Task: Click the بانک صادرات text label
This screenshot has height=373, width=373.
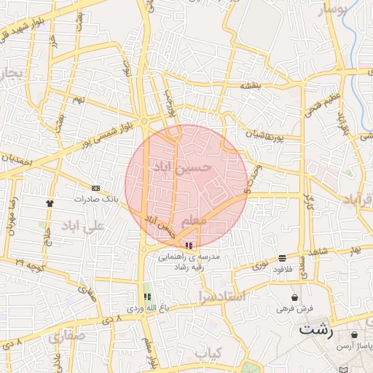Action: (x=95, y=198)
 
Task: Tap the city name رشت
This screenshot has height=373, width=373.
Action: (x=315, y=330)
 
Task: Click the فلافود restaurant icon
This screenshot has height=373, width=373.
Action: (x=281, y=258)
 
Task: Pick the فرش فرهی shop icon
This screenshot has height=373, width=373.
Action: (x=294, y=297)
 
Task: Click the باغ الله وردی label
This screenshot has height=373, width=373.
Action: (x=148, y=308)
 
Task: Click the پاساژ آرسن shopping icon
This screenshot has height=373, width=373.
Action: (x=354, y=335)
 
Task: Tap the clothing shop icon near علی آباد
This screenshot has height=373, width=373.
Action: (x=50, y=204)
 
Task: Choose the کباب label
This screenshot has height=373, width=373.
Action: (x=208, y=352)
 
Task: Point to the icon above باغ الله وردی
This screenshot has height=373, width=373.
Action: (x=148, y=297)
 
